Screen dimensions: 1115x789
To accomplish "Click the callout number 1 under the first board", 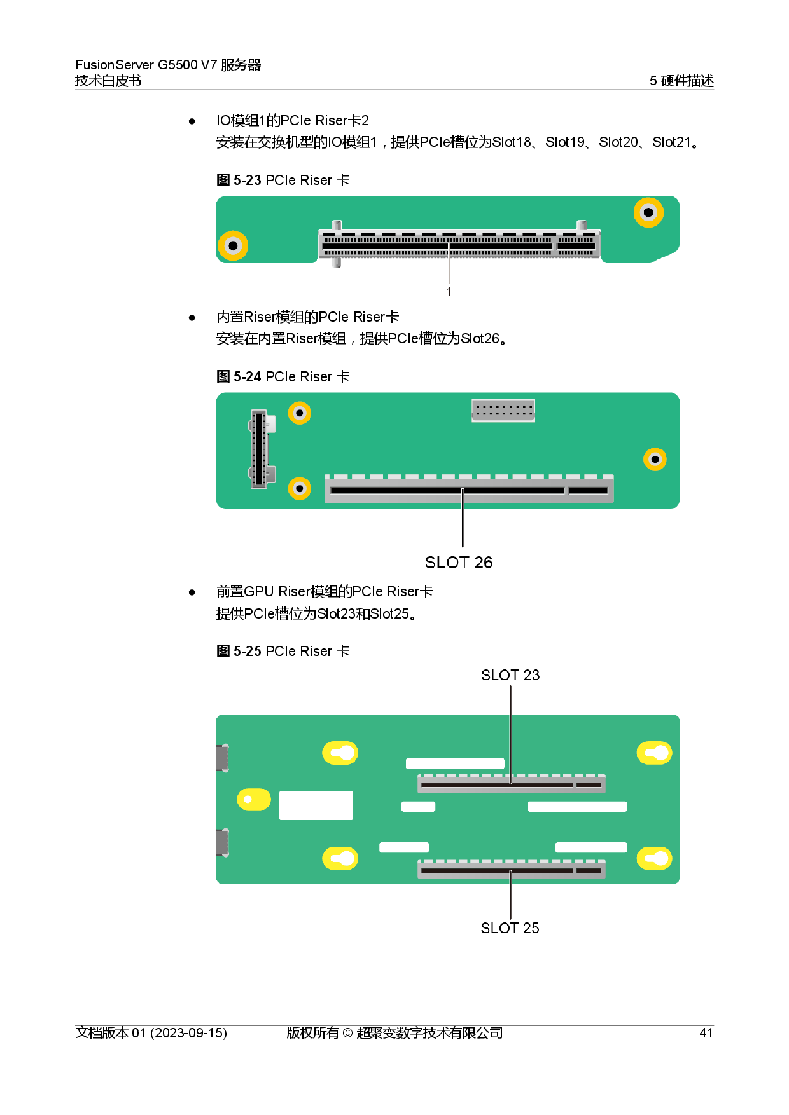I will pos(449,292).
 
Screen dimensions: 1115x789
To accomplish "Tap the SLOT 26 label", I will pos(459,563).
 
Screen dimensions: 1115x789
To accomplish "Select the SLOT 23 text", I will pos(510,675).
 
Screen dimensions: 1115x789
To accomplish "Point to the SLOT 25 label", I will pos(510,928).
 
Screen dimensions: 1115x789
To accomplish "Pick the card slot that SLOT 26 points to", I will pos(469,490).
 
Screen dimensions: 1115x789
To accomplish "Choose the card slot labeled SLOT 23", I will pos(511,784).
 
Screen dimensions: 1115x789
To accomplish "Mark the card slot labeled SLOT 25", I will pos(511,870).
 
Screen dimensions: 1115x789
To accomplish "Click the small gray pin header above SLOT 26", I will pos(503,410).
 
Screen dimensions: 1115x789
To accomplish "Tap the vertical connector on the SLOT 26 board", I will pos(259,449).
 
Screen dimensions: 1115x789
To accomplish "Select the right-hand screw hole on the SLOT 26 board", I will pos(655,459).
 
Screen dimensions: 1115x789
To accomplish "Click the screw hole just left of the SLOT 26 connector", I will pos(300,489).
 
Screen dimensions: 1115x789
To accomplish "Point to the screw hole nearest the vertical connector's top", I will pos(300,413).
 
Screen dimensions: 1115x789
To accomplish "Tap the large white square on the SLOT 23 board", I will pos(316,805).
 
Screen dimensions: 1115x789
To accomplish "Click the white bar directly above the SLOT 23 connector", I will pos(455,763).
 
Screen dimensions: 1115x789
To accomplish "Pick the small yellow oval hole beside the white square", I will pos(253,800).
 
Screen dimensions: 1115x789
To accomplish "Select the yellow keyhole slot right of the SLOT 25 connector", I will pos(655,859).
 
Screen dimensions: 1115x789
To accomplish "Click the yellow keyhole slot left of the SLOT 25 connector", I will pos(340,859).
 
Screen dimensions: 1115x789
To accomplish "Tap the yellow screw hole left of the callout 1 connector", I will pos(233,245).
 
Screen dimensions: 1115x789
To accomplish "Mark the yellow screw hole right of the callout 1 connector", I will pos(648,212).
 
